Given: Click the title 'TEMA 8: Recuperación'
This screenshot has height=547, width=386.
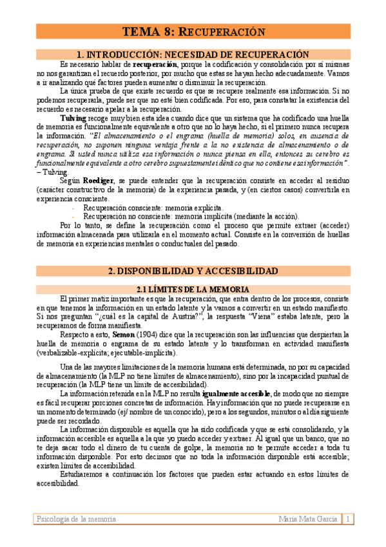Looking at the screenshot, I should pyautogui.click(x=193, y=32).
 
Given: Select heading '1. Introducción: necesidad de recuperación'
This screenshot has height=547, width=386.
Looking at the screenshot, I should pyautogui.click(x=193, y=55).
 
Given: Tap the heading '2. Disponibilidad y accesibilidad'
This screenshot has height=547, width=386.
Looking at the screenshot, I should pyautogui.click(x=193, y=271).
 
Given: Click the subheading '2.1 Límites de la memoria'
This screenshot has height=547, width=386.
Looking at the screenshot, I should pyautogui.click(x=193, y=290).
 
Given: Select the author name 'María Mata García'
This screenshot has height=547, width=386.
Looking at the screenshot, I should pyautogui.click(x=307, y=519).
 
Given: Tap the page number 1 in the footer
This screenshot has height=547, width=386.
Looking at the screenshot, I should pyautogui.click(x=347, y=519).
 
